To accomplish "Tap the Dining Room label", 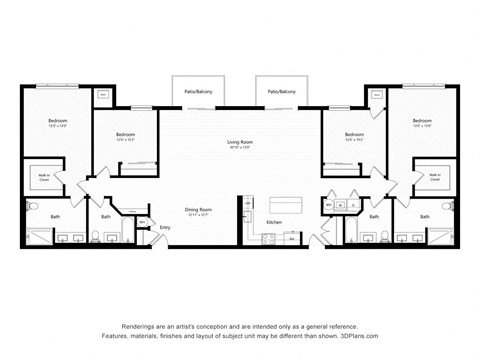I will [198, 209].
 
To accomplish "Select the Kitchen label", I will [274, 221].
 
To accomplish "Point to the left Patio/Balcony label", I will [197, 91].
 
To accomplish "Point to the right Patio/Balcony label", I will [281, 91].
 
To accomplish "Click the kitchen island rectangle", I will [281, 201].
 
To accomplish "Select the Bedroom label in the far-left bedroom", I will [57, 121].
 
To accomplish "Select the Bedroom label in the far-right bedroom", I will [422, 121].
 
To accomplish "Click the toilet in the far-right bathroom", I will [447, 206].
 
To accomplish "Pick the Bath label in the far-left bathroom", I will [55, 216].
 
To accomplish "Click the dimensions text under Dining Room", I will [198, 215].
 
